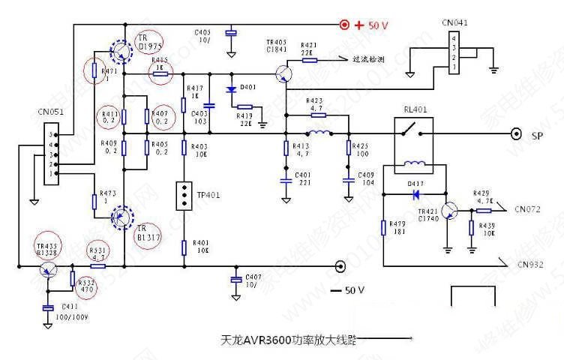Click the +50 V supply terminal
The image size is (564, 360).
[346, 25]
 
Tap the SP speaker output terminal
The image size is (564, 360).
[516, 134]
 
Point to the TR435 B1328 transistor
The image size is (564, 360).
[49, 268]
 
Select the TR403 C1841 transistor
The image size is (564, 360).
[283, 73]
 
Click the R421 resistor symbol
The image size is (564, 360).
[309, 59]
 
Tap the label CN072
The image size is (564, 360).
[528, 209]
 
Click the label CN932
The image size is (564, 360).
[529, 265]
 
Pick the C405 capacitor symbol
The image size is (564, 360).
[232, 32]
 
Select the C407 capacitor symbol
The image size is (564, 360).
[236, 279]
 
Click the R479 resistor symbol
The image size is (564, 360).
[383, 228]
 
